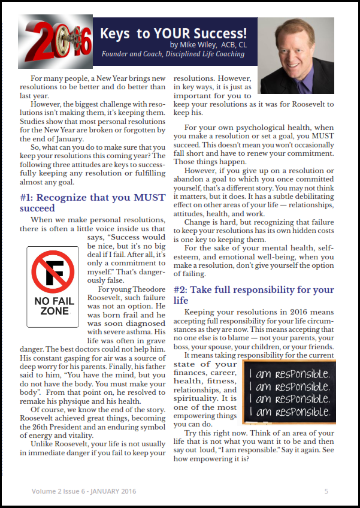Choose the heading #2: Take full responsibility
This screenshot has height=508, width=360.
tap(253, 295)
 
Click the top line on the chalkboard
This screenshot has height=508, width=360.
tap(289, 373)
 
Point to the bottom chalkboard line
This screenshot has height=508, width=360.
tap(289, 412)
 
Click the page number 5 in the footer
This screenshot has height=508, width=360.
tap(326, 491)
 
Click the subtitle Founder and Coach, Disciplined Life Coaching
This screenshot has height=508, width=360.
tap(173, 54)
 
